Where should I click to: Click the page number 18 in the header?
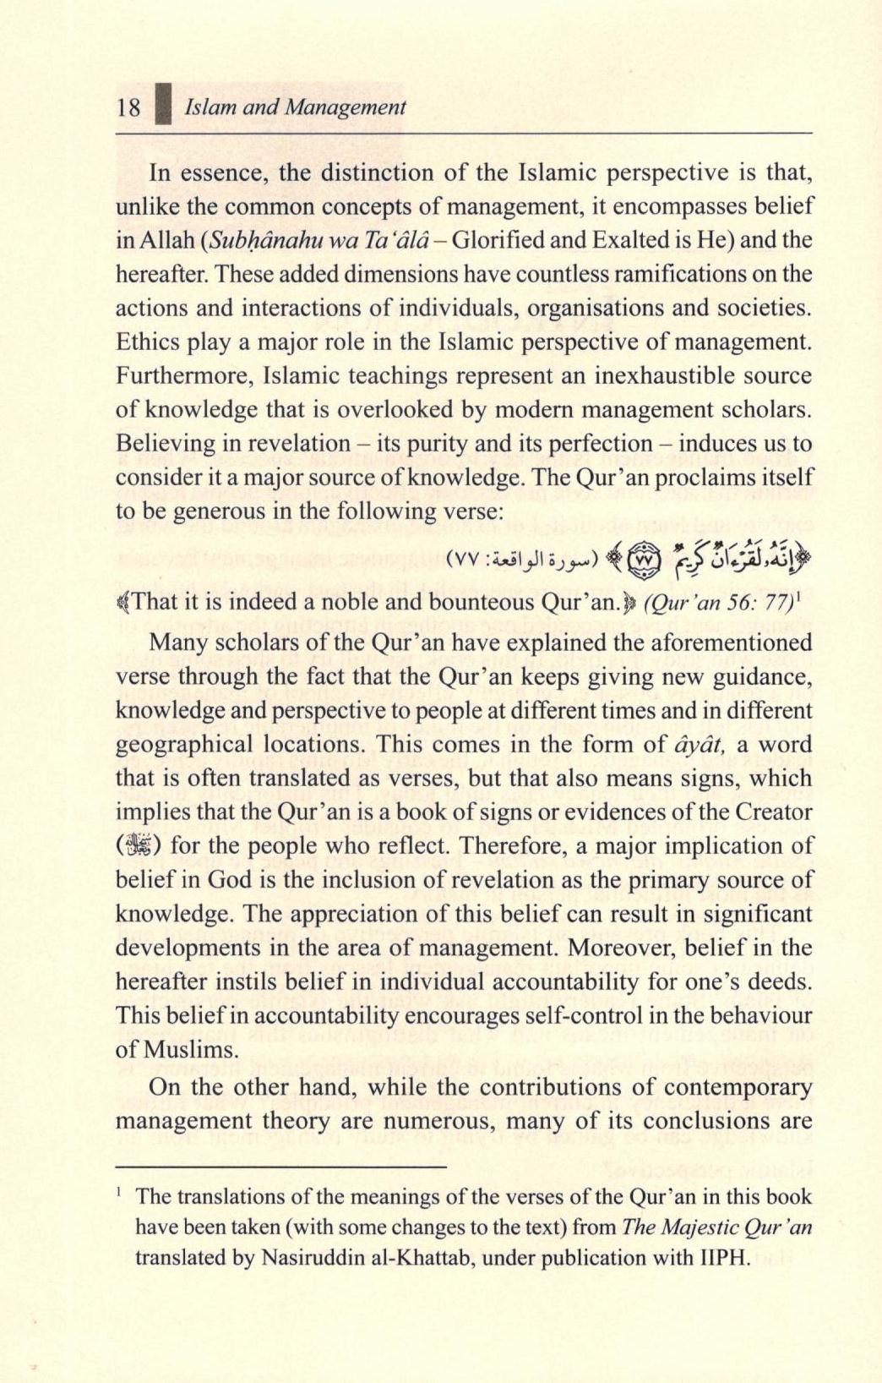[129, 108]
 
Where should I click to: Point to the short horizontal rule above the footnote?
[280, 1167]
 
